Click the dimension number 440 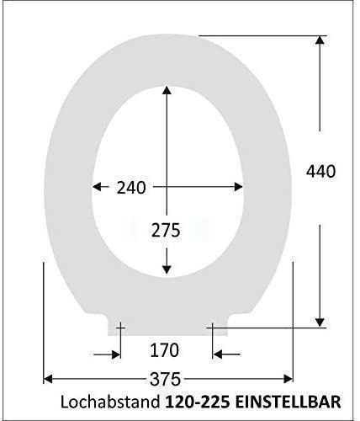point(320,172)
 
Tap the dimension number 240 point(131,188)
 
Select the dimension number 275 point(166,231)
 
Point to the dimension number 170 point(165,350)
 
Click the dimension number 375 point(165,379)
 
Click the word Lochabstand point(110,402)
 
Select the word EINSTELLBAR point(289,402)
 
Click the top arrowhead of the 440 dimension point(320,40)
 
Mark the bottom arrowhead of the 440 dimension point(320,322)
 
